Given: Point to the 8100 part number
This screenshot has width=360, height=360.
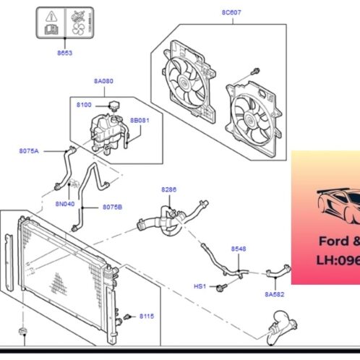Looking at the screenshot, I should tap(84, 106).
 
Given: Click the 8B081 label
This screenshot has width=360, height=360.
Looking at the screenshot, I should tap(139, 120).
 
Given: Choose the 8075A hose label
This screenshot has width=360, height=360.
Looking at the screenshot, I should tap(29, 151).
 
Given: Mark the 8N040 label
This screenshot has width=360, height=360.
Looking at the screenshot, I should tap(66, 205).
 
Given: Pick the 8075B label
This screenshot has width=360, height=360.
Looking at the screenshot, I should tap(112, 207).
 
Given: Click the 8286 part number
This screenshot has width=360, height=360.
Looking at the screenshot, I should tap(168, 190).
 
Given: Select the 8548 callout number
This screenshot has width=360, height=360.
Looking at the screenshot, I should tap(239, 249).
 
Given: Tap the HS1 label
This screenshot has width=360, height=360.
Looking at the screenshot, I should tap(200, 286).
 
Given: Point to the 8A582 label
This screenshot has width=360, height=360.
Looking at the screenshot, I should tap(275, 294).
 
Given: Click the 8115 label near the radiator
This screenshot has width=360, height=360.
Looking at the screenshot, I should tap(147, 317).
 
